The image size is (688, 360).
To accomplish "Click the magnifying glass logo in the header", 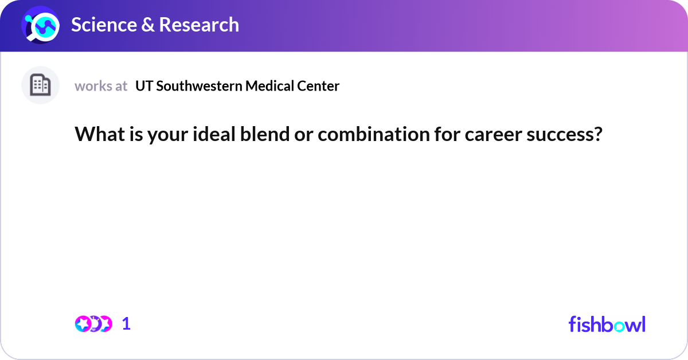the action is pos(40,25).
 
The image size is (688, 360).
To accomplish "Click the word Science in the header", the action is pos(104,25).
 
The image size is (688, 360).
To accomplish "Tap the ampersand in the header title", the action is pos(148,25).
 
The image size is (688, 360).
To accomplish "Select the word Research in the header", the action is pos(199,25).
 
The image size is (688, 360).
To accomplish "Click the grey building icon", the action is pos(40,85).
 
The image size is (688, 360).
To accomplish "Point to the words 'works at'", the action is pos(101,86).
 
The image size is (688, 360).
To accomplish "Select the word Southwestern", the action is pos(199,86).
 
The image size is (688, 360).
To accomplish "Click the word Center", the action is pos(318,86).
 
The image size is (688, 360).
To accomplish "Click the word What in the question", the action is pos(100,134).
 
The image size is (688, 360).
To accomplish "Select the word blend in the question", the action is pos(265,134).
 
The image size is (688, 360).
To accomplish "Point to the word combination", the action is pos(374,134).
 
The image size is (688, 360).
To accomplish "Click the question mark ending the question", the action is pos(598,134).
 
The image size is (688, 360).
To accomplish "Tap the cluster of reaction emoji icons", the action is pos(93,324).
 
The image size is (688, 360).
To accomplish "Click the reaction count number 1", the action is pos(126,324).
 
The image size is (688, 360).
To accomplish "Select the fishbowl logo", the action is pos(607,324).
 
